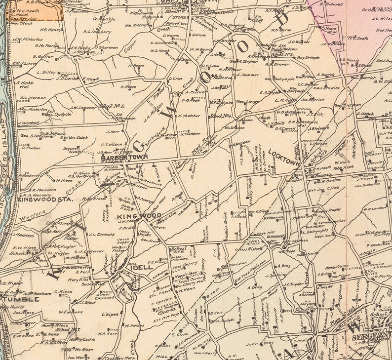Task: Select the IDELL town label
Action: (x=143, y=267)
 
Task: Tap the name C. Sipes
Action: (x=112, y=315)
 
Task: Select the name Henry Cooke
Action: (x=81, y=340)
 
